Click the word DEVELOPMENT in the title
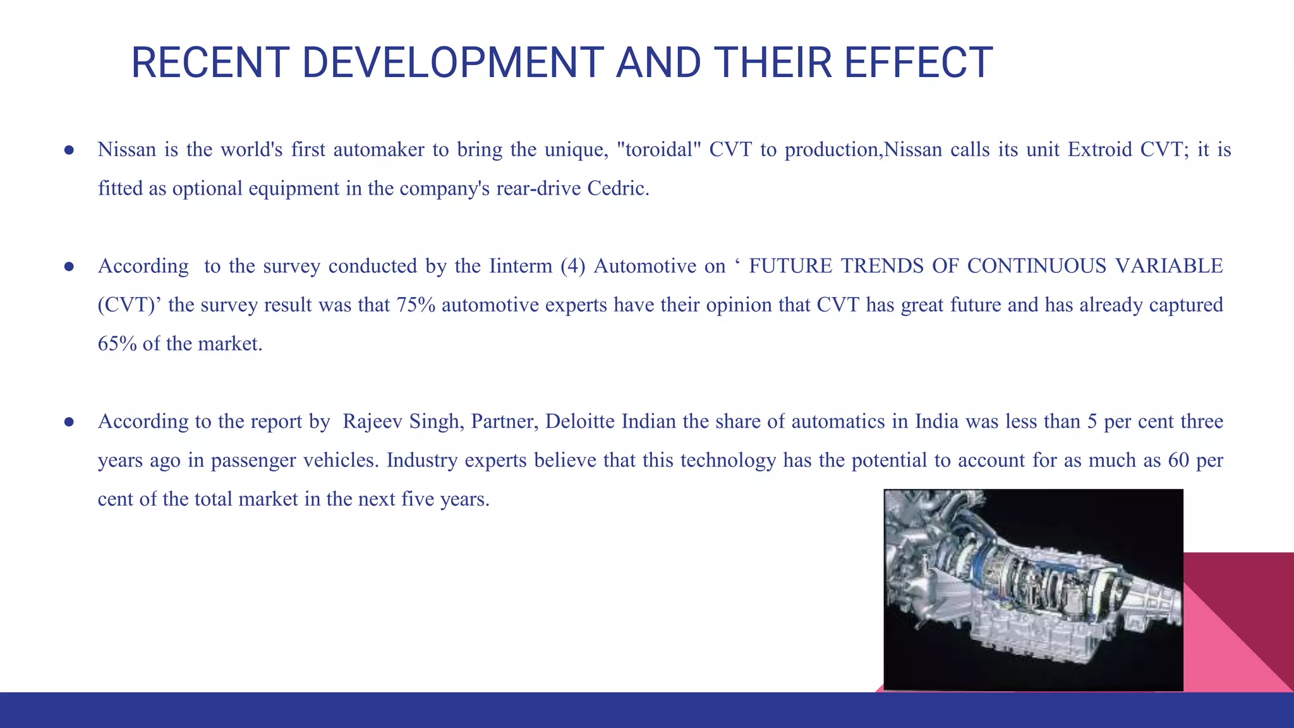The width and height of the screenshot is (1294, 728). click(452, 63)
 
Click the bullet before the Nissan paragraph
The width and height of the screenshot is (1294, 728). click(70, 150)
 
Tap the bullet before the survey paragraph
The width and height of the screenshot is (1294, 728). click(70, 267)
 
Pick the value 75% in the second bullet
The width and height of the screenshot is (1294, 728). click(416, 305)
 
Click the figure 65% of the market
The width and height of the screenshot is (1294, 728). click(117, 344)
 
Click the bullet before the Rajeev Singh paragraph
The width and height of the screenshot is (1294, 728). click(70, 422)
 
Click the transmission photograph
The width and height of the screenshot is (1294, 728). click(1032, 590)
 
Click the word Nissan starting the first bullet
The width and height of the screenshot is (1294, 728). click(126, 150)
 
